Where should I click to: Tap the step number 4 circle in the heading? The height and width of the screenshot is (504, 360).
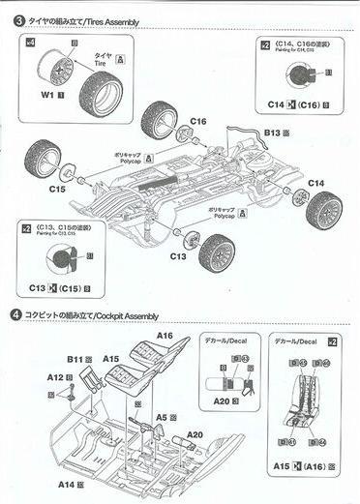pos(16,315)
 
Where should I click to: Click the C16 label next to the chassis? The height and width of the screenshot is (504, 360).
pos(198,121)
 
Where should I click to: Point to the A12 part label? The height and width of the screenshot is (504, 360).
pos(53,376)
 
